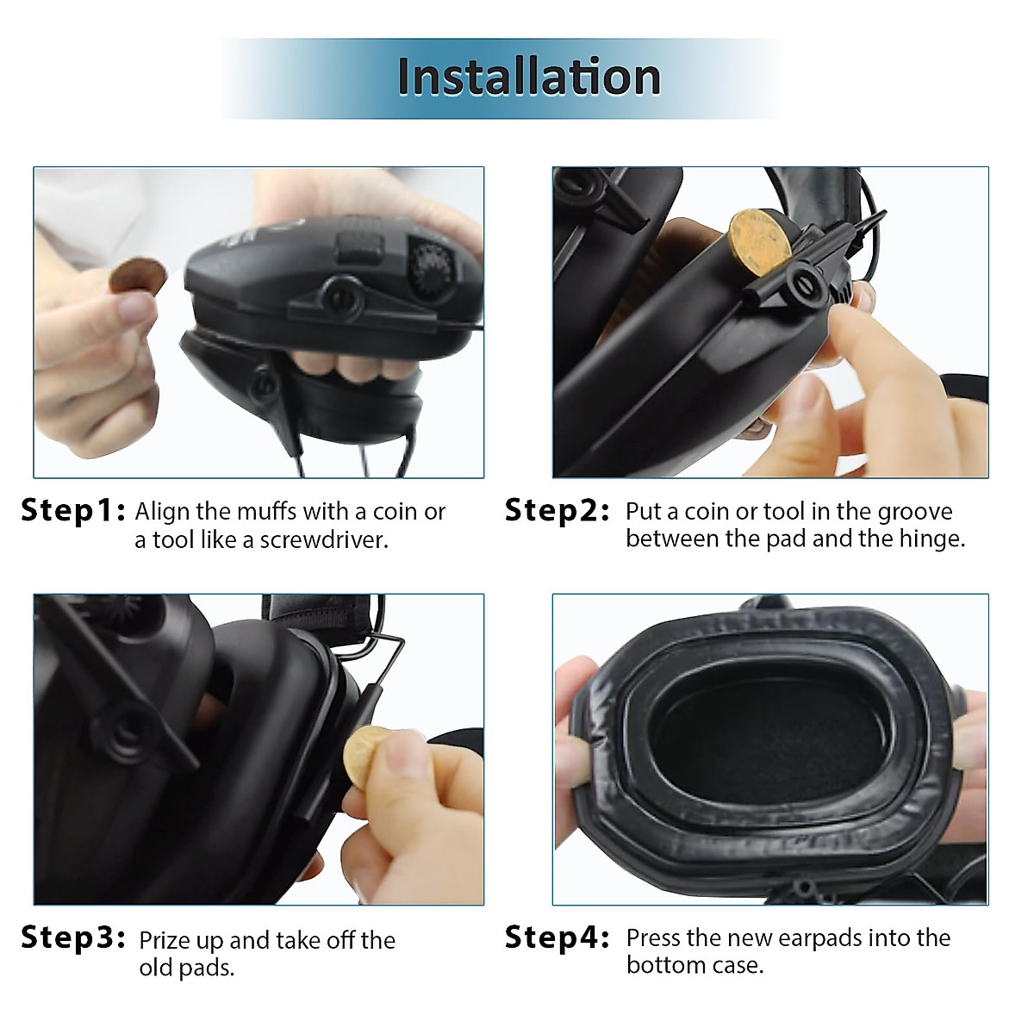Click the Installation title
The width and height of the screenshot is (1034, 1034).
pos(528,77)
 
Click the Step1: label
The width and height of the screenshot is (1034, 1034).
pos(73,510)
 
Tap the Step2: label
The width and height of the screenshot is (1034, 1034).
pos(557,510)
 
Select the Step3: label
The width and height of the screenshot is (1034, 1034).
pos(73,937)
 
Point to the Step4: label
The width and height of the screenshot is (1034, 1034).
pos(557,937)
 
